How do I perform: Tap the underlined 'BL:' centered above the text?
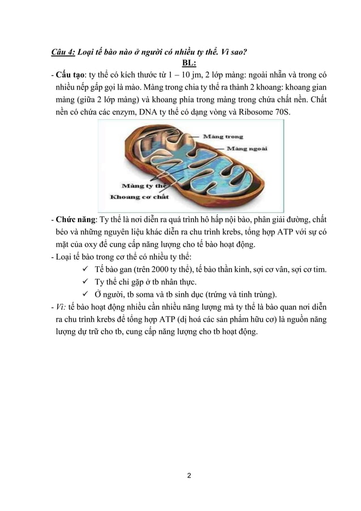pyautogui.click(x=188, y=63)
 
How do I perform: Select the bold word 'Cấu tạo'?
pyautogui.click(x=68, y=75)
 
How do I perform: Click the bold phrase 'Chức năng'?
pyautogui.click(x=74, y=219)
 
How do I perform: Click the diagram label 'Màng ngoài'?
pyautogui.click(x=247, y=149)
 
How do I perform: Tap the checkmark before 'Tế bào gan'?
pyautogui.click(x=85, y=269)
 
